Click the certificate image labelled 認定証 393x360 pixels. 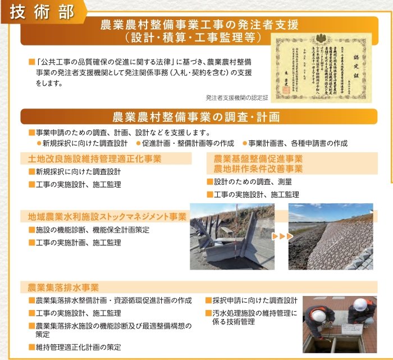click(322, 65)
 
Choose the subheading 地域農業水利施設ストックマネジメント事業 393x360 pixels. click(107, 216)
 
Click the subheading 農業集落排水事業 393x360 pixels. click(63, 288)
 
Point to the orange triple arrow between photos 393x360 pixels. click(282, 236)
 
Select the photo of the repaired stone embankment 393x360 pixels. click(331, 236)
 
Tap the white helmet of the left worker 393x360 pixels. click(318, 316)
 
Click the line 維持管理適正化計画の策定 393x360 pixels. click(78, 347)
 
